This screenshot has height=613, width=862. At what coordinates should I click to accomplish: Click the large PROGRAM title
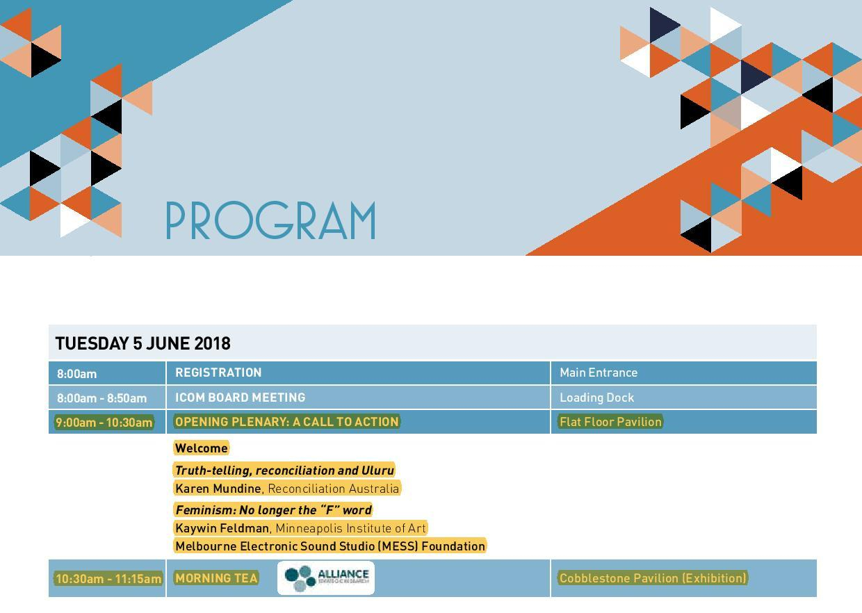pos(270,221)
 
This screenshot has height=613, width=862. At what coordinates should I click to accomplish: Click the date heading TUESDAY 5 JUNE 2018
pos(143,343)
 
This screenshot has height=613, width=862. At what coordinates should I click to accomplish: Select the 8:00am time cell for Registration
pos(76,374)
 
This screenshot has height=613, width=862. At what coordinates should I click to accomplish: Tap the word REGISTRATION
pos(218,373)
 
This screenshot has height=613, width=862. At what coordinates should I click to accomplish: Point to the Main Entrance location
pos(598,373)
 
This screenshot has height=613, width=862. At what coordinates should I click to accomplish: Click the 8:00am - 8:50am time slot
pos(101,398)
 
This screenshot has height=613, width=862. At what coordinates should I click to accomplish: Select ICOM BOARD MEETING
pos(240,398)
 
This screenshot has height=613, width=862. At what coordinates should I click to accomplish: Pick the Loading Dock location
pos(596,398)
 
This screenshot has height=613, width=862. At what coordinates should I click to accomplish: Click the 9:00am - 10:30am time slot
pos(104,423)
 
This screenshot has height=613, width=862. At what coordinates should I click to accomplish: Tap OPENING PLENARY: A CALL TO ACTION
pos(286,422)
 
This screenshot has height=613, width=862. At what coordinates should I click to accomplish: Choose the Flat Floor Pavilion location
pos(610,422)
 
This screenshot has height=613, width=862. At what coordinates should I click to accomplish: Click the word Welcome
pos(201,448)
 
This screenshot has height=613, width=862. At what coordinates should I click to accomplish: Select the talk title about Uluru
pos(284,471)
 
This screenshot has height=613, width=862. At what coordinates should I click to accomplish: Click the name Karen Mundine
pos(218,489)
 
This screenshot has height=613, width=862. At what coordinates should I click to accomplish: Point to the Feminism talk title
pos(273,510)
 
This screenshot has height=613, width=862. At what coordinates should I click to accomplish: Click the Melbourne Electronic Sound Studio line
pos(330,546)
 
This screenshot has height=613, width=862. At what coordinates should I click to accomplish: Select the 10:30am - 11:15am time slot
pos(108,579)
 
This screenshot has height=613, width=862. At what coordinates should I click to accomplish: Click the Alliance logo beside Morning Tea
pos(326,578)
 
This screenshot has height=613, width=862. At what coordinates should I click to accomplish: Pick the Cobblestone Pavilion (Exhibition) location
pos(653,578)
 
